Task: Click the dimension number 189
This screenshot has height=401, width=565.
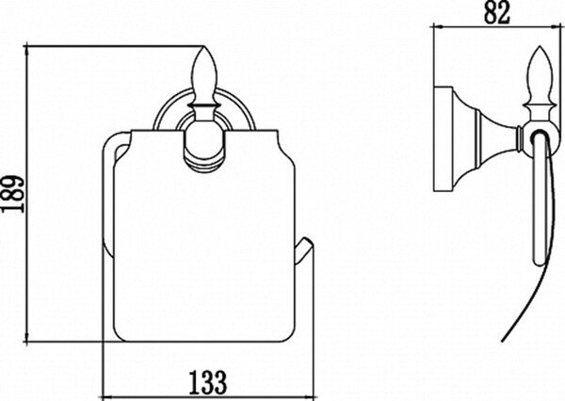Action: coord(13,194)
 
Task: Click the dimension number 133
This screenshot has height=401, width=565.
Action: coord(208,382)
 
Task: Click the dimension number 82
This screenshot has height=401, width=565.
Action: coord(497,12)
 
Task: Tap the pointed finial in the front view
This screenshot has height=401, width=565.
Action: coord(204,75)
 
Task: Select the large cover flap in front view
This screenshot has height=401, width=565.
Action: coord(204,236)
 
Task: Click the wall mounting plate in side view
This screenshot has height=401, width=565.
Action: coord(444,138)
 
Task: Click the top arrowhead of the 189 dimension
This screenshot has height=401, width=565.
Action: coord(26,52)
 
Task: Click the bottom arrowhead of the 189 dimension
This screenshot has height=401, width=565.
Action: coord(26,336)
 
